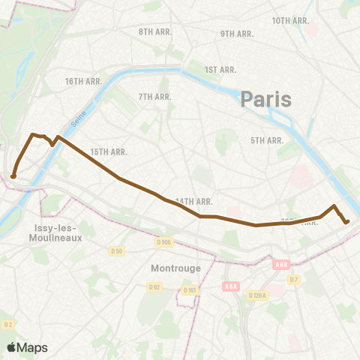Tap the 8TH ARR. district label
click(156, 32)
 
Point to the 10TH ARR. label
click(291, 20)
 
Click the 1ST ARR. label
click(220, 70)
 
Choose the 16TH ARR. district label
click(83, 81)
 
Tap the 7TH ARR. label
click(155, 97)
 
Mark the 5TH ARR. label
click(266, 140)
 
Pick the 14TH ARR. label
click(194, 201)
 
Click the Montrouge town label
click(170, 268)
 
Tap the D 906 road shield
click(164, 241)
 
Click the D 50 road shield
click(116, 250)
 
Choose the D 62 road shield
click(154, 286)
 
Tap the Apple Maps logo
click(27, 347)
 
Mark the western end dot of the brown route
click(13, 177)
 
